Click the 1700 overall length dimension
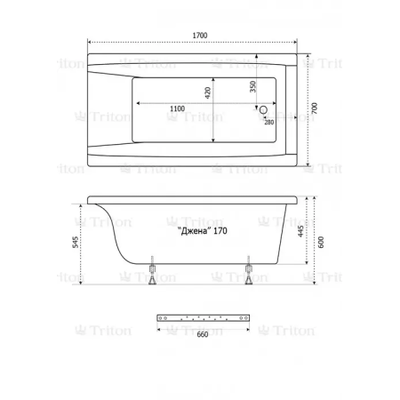(200, 36)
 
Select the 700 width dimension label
(315, 108)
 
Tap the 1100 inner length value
(178, 108)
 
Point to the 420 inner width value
(208, 92)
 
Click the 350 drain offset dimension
(252, 86)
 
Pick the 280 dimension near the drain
(269, 122)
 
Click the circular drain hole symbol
(263, 110)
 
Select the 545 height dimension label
(76, 242)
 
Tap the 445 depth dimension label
(300, 231)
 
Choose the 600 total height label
(321, 242)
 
